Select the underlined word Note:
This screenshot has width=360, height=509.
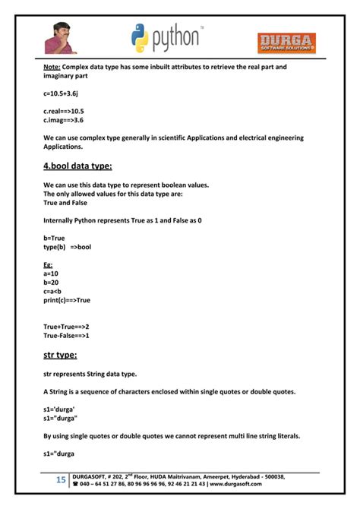[52, 67]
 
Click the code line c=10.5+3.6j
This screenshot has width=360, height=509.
[63, 93]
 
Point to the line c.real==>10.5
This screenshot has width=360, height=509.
[64, 112]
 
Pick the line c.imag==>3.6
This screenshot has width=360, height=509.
[64, 120]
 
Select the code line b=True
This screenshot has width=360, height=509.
[55, 238]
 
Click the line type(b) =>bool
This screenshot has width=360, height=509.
[68, 247]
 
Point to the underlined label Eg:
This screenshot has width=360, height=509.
[48, 265]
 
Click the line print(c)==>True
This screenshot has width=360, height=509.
[67, 300]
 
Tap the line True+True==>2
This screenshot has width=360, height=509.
[67, 327]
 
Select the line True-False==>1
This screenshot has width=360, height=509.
[67, 335]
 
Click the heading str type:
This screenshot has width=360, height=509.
[62, 354]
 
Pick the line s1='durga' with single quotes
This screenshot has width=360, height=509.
[59, 409]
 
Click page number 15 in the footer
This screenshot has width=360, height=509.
[61, 480]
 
